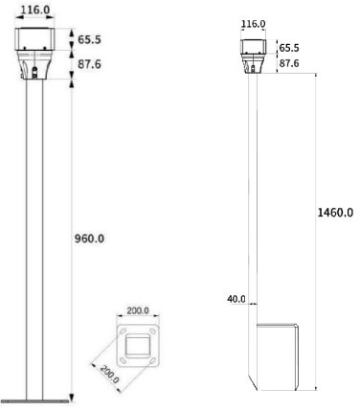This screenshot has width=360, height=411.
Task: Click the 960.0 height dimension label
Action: [89, 239]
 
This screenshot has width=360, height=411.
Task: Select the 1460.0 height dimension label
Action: [335, 213]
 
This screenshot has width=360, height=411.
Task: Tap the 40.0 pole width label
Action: [236, 299]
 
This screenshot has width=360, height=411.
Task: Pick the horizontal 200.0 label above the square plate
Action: [138, 310]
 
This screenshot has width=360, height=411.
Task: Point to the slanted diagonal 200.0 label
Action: [109, 374]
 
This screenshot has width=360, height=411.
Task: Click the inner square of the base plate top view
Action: [138, 345]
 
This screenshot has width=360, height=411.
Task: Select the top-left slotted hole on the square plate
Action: [123, 331]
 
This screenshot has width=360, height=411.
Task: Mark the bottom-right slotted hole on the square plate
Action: [153, 361]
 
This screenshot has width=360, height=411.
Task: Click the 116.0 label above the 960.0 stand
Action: [35, 10]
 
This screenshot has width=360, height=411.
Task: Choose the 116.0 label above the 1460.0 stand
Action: [253, 24]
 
